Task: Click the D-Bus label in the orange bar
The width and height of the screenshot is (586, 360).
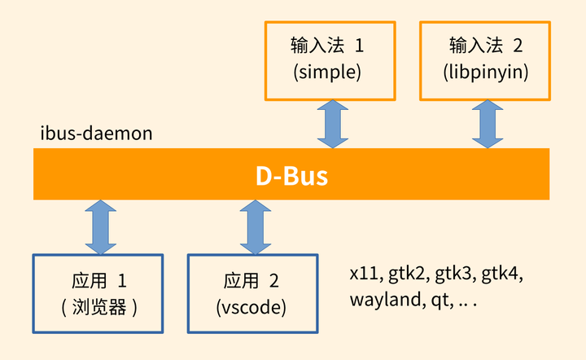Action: pyautogui.click(x=291, y=175)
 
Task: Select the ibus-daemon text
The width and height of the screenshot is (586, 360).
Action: pyautogui.click(x=97, y=134)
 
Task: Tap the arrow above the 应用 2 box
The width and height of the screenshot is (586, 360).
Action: pyautogui.click(x=253, y=227)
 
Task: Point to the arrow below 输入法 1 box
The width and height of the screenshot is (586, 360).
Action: pyautogui.click(x=333, y=125)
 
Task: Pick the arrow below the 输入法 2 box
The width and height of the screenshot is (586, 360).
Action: pyautogui.click(x=488, y=125)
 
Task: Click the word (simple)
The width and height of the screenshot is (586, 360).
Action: pyautogui.click(x=327, y=72)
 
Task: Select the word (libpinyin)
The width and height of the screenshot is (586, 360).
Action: pyautogui.click(x=488, y=72)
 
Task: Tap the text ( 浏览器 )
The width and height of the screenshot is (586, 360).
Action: pyautogui.click(x=98, y=308)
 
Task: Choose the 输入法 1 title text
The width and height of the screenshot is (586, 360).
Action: pyautogui.click(x=327, y=44)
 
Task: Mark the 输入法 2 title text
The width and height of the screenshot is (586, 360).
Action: pyautogui.click(x=486, y=44)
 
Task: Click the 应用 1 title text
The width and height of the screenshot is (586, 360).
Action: pyautogui.click(x=98, y=282)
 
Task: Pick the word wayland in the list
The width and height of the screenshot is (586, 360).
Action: pyautogui.click(x=383, y=301)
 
